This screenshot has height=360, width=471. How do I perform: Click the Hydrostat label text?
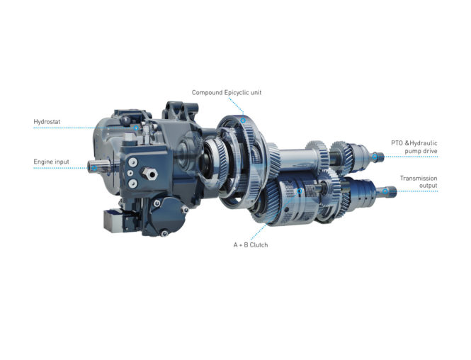47,122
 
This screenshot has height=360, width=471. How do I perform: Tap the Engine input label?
52,162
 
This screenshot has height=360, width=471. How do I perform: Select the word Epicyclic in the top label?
237,93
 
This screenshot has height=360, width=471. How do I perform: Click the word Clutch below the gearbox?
259,245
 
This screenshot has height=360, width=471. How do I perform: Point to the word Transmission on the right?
419,178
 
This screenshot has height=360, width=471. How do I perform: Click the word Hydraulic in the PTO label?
424,143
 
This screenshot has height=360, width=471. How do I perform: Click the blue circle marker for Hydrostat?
136,128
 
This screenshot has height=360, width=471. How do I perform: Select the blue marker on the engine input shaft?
94,168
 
